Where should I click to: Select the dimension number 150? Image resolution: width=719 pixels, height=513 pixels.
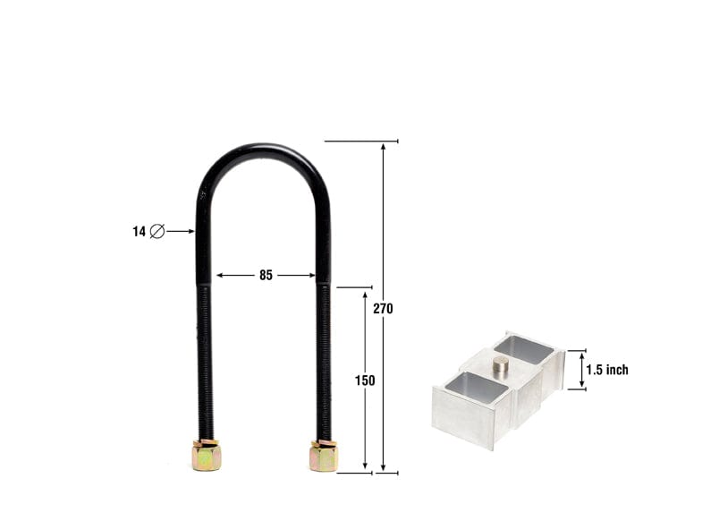365,380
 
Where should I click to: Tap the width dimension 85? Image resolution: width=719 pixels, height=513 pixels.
266,276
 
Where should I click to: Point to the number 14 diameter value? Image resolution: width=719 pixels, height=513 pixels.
139,231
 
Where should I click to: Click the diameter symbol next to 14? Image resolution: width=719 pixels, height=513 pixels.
157,231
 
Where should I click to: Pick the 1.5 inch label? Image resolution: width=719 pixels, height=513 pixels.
607,370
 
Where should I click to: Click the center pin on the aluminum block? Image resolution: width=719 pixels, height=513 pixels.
501,364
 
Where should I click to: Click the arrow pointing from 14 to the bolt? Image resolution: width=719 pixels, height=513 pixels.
180,231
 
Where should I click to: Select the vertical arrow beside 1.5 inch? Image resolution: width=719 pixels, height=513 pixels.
582,370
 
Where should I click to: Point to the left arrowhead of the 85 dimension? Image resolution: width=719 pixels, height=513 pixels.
220,276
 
